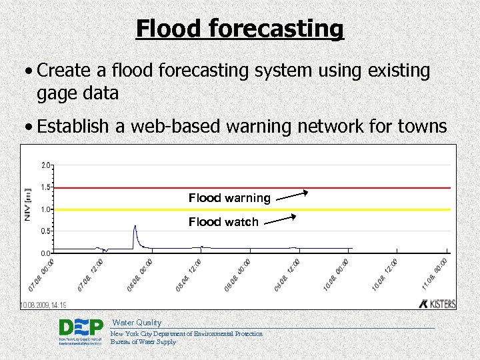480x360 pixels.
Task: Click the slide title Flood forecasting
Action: point(240,29)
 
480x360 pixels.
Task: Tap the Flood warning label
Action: point(229,198)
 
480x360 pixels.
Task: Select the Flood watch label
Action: point(223,222)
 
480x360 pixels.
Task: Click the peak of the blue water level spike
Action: point(135,226)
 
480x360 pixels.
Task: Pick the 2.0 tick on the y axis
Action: point(45,165)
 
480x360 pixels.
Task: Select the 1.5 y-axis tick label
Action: point(45,187)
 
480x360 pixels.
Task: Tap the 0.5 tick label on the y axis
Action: point(45,231)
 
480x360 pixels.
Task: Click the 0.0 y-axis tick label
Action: point(45,253)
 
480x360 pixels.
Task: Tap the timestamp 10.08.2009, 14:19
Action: point(43,305)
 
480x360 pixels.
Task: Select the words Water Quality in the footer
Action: point(137,323)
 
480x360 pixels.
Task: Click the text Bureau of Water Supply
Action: point(143,342)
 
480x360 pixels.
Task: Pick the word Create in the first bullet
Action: point(65,71)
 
